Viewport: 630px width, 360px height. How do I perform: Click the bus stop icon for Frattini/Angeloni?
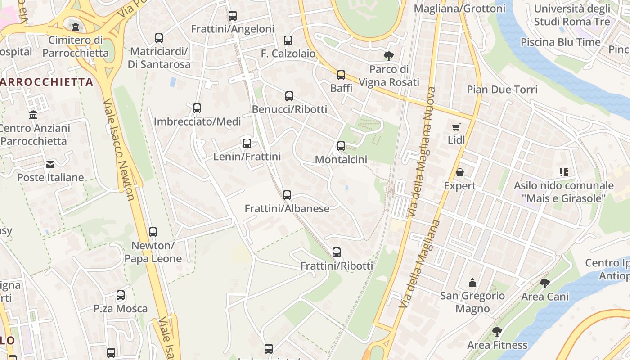[x=232, y=16]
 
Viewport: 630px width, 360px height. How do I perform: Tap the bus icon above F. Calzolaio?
[x=288, y=40]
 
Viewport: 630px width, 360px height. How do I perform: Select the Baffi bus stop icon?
[x=341, y=75]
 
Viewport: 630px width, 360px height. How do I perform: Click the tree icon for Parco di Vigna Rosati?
[x=389, y=56]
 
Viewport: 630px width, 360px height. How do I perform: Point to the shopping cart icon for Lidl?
[x=456, y=127]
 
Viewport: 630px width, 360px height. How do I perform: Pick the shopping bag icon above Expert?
[x=460, y=172]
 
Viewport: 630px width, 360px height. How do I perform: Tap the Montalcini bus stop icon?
[x=341, y=146]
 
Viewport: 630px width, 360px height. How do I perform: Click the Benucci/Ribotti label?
[x=289, y=109]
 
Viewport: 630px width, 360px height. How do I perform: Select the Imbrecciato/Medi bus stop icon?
[x=197, y=108]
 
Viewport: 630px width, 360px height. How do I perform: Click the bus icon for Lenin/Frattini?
[x=247, y=144]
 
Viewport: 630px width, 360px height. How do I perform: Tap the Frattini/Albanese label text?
[x=287, y=209]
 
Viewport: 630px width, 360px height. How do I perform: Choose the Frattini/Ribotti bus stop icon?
[x=337, y=252]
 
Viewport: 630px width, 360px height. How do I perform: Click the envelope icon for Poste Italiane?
[x=50, y=165]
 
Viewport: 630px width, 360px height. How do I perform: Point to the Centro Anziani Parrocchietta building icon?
[x=33, y=115]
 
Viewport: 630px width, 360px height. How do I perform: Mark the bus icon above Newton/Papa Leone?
[x=153, y=232]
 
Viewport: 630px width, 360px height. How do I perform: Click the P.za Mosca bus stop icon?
[x=121, y=296]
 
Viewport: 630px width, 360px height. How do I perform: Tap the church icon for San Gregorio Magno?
[x=472, y=283]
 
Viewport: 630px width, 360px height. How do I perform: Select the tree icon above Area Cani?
[x=544, y=283]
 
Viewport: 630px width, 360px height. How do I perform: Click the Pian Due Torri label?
[x=502, y=90]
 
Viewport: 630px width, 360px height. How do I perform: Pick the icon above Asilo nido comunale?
[x=564, y=172]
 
